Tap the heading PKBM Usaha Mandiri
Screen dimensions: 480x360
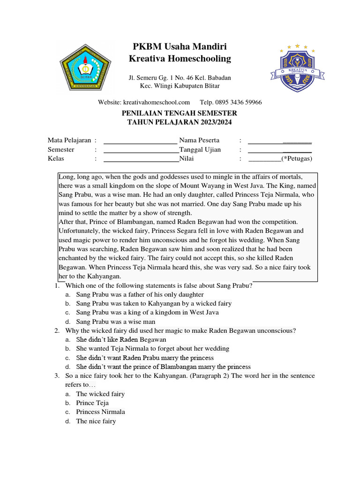tap(180, 46)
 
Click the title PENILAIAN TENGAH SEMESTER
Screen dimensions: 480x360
tap(180, 113)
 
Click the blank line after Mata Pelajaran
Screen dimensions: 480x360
tap(140, 141)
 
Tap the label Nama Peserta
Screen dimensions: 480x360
tap(199, 140)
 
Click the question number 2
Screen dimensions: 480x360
tap(56, 330)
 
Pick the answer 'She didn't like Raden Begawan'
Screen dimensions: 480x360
tap(121, 339)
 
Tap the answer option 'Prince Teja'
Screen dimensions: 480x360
tap(92, 403)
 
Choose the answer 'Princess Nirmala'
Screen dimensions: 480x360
tap(100, 412)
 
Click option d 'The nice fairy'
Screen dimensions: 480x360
tap(96, 421)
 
